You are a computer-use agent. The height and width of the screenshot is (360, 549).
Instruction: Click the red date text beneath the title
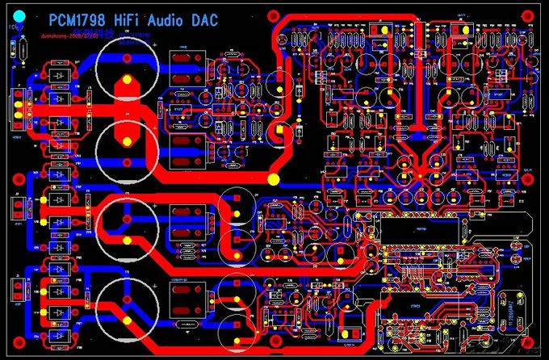click(x=61, y=36)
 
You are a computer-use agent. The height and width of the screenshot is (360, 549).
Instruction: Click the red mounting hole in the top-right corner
click(x=530, y=15)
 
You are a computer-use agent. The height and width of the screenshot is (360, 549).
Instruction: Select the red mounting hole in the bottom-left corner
click(x=16, y=343)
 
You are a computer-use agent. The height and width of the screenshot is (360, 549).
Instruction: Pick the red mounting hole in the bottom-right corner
click(x=531, y=343)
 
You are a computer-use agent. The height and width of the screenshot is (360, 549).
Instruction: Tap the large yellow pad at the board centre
click(x=274, y=178)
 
